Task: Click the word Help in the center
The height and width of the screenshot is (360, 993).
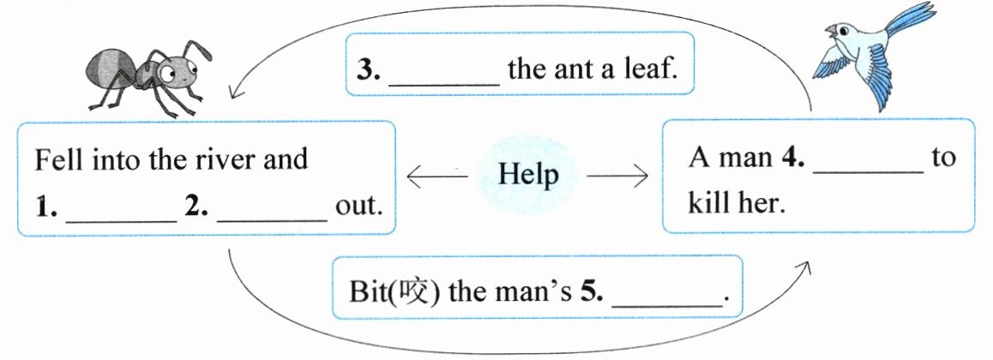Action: point(528,175)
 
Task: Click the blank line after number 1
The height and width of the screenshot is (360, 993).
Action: point(121,219)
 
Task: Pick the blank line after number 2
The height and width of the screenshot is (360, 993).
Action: point(273,219)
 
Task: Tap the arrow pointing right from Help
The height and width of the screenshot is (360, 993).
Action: point(617,177)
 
